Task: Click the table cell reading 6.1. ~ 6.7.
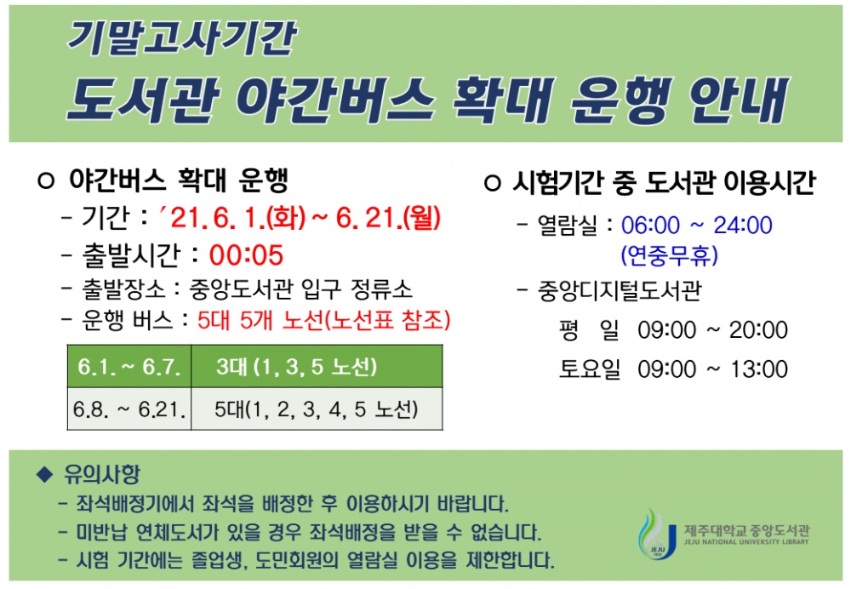click(x=129, y=368)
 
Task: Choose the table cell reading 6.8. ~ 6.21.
click(x=129, y=410)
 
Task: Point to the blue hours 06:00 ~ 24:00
click(x=696, y=226)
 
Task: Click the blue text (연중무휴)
click(x=670, y=254)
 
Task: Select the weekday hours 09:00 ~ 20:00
click(x=712, y=329)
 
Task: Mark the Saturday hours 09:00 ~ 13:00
click(x=712, y=369)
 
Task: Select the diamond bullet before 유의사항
click(x=45, y=473)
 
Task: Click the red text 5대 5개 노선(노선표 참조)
click(x=323, y=320)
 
